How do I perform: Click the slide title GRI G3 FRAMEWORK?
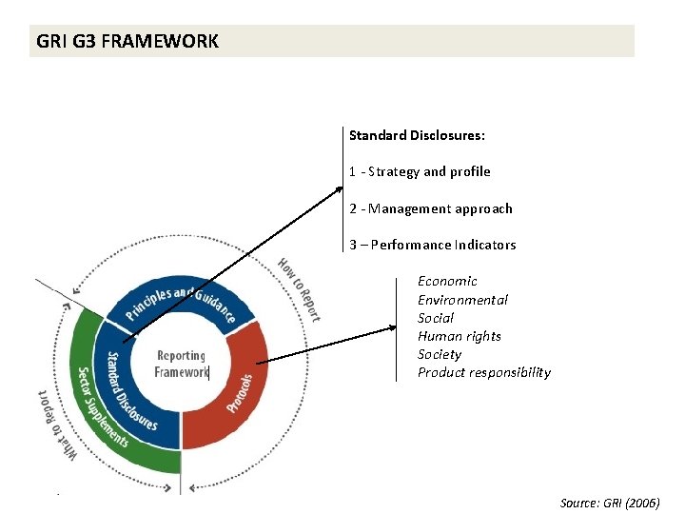(x=127, y=42)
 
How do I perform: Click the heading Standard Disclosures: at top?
(x=417, y=135)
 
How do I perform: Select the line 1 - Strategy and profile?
(x=420, y=171)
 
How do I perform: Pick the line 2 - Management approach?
(x=430, y=208)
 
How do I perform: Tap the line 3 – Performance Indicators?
(x=432, y=245)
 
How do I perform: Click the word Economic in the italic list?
(x=447, y=281)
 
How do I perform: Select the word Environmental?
(x=462, y=300)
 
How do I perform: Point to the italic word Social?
(x=436, y=318)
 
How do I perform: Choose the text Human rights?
(x=459, y=336)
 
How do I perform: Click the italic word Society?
(x=439, y=354)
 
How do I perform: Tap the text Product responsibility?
(x=483, y=372)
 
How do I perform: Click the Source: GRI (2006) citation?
(x=609, y=502)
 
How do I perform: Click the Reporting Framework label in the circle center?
(x=181, y=365)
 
